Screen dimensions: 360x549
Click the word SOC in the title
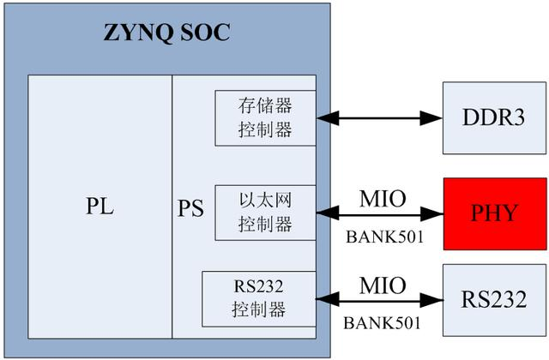(204, 35)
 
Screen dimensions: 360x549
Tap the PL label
(100, 208)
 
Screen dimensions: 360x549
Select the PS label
(190, 208)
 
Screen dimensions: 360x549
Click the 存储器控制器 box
(265, 117)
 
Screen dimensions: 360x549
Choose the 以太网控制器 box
(265, 211)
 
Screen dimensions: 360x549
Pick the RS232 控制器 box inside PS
(258, 297)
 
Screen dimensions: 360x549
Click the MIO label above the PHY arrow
(378, 198)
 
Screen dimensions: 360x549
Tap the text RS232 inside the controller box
(258, 288)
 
